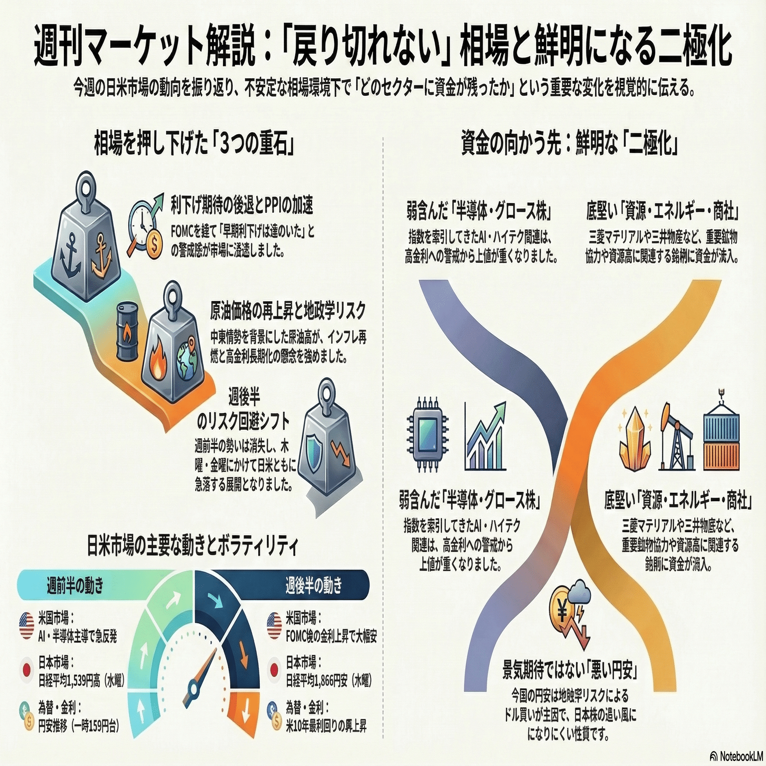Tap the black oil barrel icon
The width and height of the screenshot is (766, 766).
(127, 333)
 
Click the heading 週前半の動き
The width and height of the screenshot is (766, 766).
(75, 585)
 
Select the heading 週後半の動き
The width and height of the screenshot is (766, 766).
(314, 585)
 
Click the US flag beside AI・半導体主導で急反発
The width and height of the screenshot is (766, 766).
(26, 627)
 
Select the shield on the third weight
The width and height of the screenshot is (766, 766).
(314, 458)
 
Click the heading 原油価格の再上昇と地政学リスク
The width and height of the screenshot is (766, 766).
(288, 311)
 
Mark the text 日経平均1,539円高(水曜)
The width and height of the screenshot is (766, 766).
(81, 681)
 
